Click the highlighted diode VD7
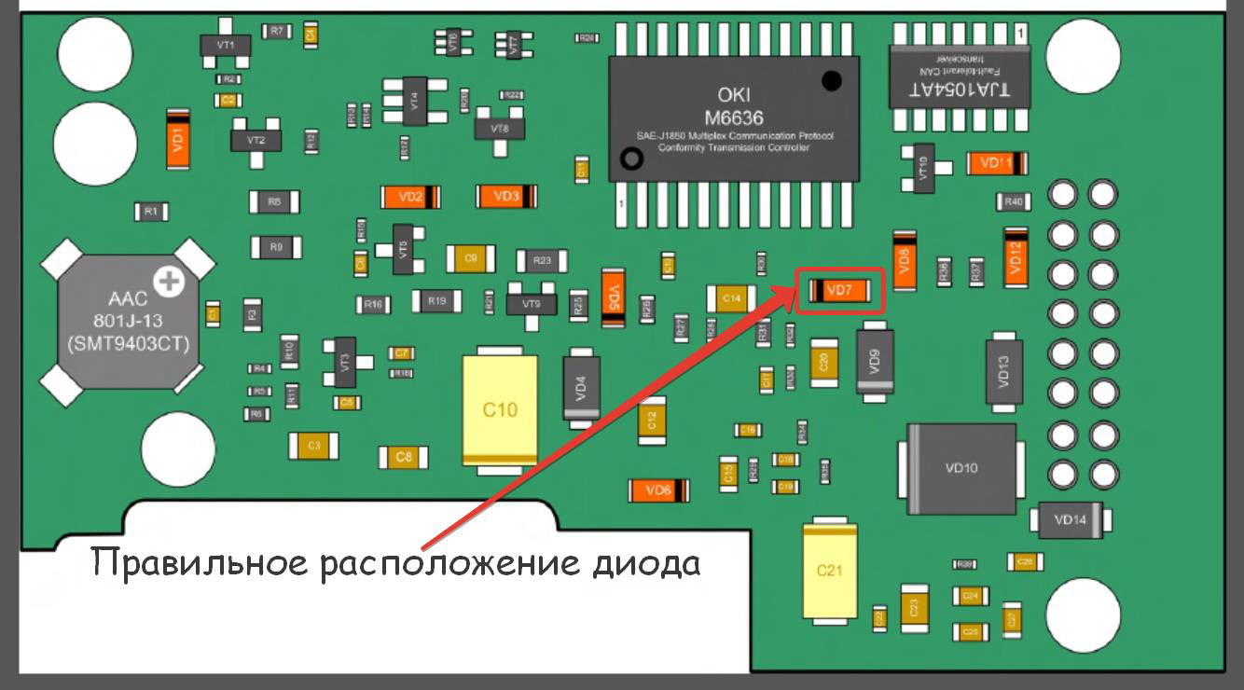pos(840,291)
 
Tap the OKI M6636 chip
pos(735,116)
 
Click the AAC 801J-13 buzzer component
pos(128,321)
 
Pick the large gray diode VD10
pos(961,468)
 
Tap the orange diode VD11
pos(997,163)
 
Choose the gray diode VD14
pos(1070,519)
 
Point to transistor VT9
pos(531,304)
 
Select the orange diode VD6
pos(659,490)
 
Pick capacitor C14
pos(732,298)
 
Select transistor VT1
pos(225,45)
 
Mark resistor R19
pos(438,300)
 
